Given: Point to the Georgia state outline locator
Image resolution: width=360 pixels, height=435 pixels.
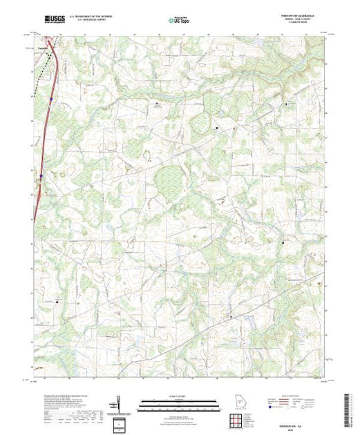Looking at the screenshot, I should click(x=236, y=402).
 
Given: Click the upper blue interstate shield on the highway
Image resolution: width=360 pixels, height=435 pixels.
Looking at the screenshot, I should click(x=50, y=101).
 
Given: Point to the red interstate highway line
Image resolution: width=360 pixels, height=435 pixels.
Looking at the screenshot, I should click(x=46, y=138).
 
